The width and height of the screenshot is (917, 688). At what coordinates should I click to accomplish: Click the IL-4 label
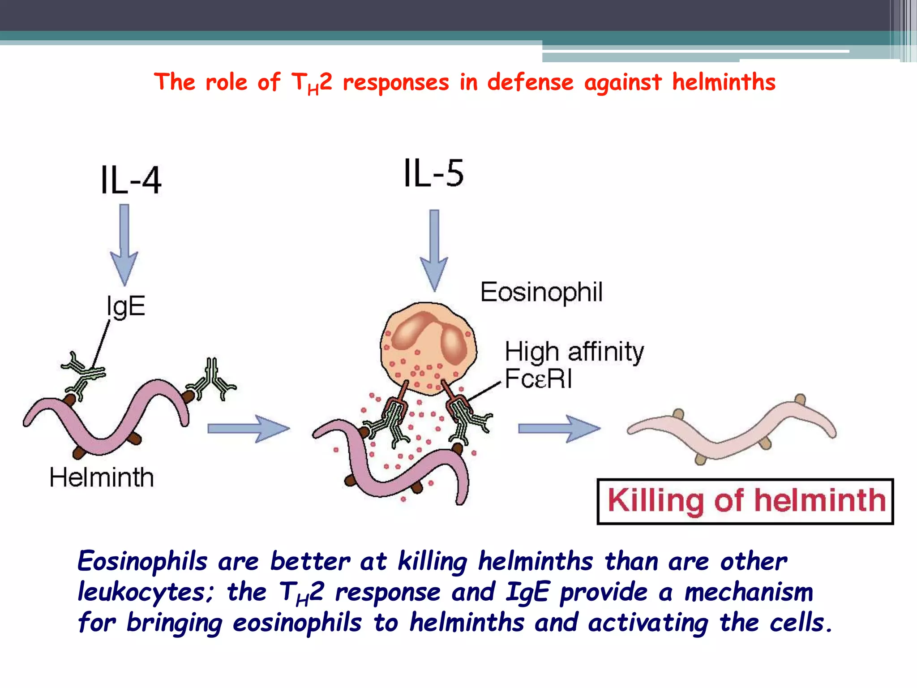click(x=131, y=180)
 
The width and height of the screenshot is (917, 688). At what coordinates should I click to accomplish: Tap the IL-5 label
click(x=433, y=173)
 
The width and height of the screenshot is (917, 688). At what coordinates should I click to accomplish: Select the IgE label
click(x=126, y=306)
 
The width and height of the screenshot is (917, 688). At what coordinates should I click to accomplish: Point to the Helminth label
click(x=102, y=477)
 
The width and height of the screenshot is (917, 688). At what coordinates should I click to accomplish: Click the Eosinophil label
click(x=541, y=292)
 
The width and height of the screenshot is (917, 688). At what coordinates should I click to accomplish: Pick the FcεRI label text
click(x=538, y=379)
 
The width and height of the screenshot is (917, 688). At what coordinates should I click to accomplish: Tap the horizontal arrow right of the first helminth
click(x=249, y=429)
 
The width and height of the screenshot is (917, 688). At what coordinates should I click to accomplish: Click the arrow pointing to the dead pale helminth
click(x=559, y=429)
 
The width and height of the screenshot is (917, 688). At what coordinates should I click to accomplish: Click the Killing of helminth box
click(x=746, y=501)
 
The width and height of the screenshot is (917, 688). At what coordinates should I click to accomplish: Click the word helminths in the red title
click(x=724, y=82)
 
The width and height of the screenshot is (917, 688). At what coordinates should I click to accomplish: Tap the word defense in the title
click(x=530, y=82)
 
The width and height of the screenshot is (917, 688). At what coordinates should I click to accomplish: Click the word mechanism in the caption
click(x=749, y=592)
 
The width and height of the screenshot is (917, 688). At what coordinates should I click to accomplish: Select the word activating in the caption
click(x=648, y=623)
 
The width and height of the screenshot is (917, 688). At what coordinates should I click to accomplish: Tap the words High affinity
click(x=574, y=352)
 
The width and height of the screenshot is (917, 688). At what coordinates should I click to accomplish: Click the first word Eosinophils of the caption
click(x=142, y=561)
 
